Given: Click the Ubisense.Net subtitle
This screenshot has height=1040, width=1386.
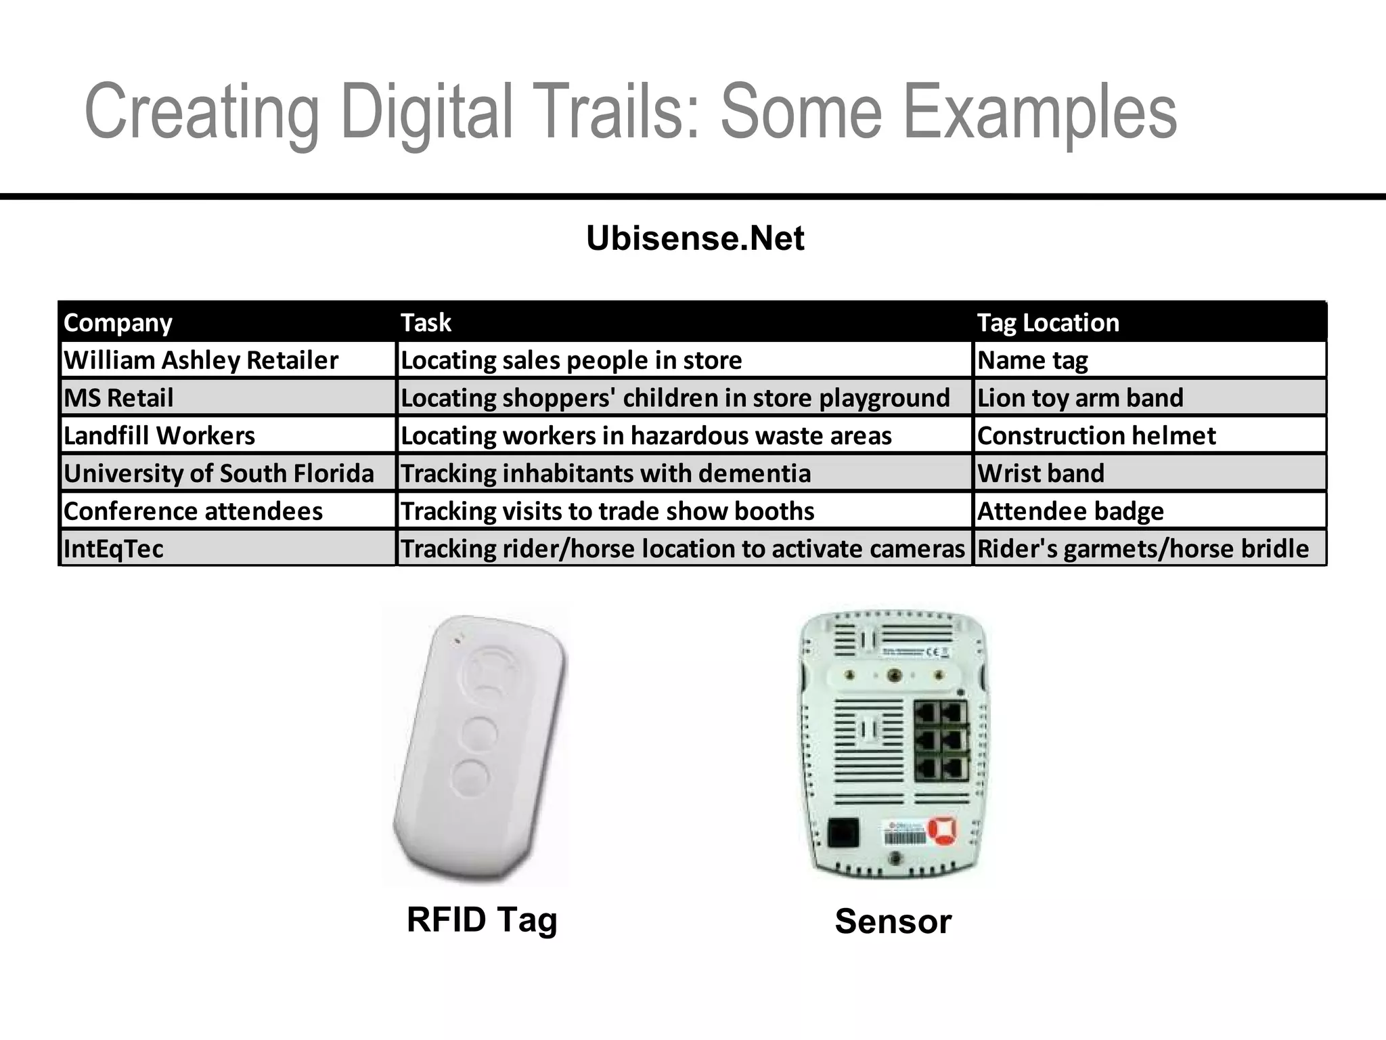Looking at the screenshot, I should [695, 238].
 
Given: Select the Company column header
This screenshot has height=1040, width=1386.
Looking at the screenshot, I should [118, 323].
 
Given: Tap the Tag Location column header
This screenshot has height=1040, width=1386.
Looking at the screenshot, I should [1048, 323].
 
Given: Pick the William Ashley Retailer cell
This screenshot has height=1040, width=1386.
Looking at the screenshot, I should [201, 360].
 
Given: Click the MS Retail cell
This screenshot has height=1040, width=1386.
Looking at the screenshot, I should [118, 398].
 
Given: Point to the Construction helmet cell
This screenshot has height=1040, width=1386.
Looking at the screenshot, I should [1096, 435].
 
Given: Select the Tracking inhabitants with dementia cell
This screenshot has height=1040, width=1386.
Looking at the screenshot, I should [606, 473].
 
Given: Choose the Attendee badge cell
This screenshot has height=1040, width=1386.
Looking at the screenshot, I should [1071, 511].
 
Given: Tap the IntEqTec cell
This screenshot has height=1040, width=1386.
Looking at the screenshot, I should [114, 548].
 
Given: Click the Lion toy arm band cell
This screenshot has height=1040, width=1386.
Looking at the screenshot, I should [1080, 398].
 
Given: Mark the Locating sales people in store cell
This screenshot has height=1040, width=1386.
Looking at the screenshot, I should [571, 360].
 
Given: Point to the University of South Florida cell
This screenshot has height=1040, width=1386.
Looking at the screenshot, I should [219, 473].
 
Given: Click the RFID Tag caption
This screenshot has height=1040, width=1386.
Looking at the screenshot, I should [482, 919].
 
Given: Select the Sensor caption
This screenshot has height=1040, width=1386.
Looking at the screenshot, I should [893, 922].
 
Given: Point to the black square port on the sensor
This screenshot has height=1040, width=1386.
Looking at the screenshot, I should [843, 833].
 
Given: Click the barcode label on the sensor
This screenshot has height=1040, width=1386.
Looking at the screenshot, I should [904, 838].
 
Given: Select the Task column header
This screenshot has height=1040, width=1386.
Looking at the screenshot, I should [426, 323].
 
